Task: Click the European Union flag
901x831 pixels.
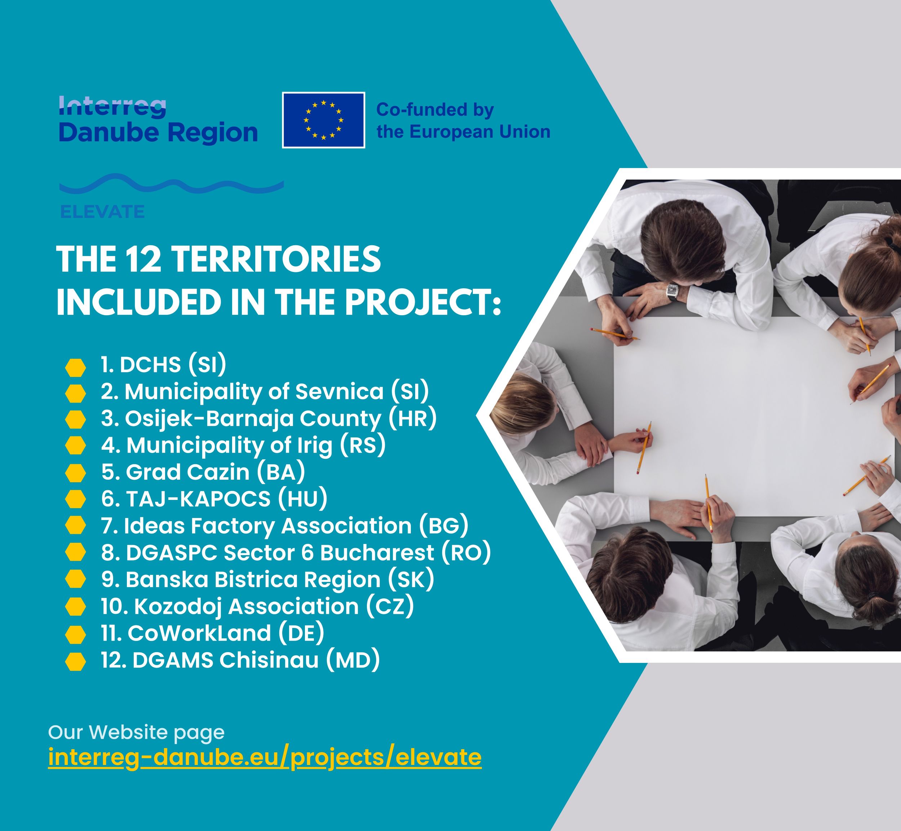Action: (x=324, y=120)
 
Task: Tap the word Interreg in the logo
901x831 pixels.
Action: (x=112, y=106)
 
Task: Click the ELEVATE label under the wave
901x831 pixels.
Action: (x=102, y=212)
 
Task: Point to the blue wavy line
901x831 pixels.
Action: (x=172, y=184)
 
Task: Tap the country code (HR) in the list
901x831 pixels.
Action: (x=412, y=419)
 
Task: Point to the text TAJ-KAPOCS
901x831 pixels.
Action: (x=198, y=499)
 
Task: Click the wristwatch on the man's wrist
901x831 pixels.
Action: (x=672, y=291)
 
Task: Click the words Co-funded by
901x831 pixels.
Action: (x=435, y=110)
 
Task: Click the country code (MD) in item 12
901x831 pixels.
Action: (x=353, y=660)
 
